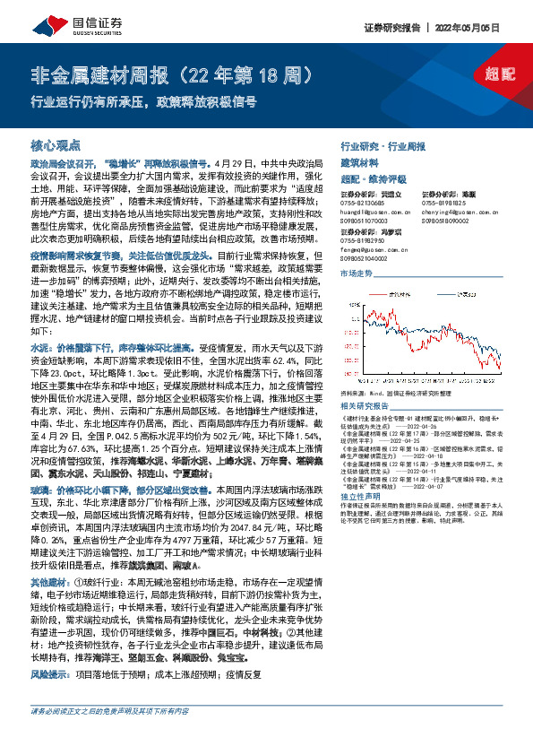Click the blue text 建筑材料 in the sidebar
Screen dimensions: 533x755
click(x=357, y=163)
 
